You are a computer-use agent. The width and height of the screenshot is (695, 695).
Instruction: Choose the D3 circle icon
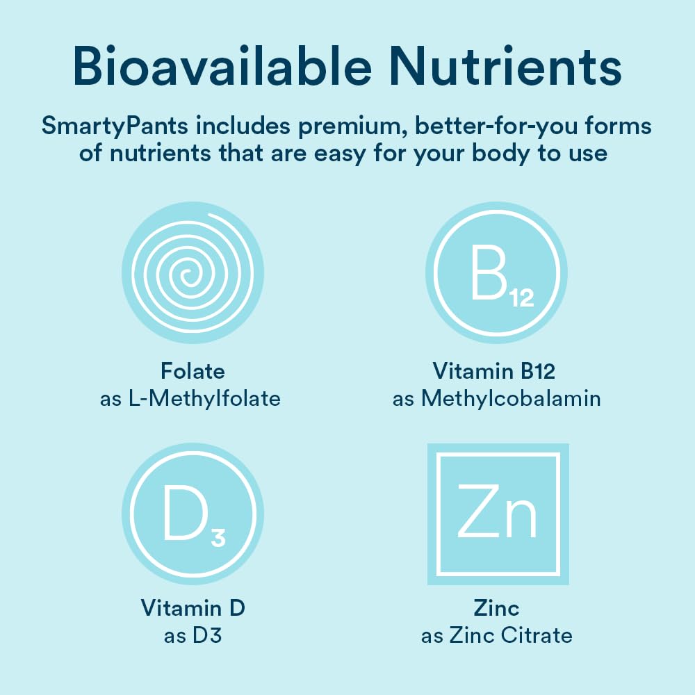coord(193,513)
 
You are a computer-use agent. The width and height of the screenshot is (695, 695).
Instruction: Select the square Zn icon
coord(498,514)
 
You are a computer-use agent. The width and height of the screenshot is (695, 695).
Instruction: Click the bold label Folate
coord(193,371)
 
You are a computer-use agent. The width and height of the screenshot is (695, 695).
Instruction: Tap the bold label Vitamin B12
coord(494,371)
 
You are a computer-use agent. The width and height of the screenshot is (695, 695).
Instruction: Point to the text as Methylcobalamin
coord(496,399)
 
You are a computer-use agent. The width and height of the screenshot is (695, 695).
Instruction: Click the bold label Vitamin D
coord(193,608)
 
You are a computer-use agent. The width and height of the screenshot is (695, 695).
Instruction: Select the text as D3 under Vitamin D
coord(193,635)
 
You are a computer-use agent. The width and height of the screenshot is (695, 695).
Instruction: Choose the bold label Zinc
coord(496,608)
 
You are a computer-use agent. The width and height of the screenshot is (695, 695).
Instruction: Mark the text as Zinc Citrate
coord(496,635)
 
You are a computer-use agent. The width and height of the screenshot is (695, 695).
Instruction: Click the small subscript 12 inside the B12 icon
coord(521,299)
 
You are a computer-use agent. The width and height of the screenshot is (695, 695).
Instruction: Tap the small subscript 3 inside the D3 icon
coord(218,538)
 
